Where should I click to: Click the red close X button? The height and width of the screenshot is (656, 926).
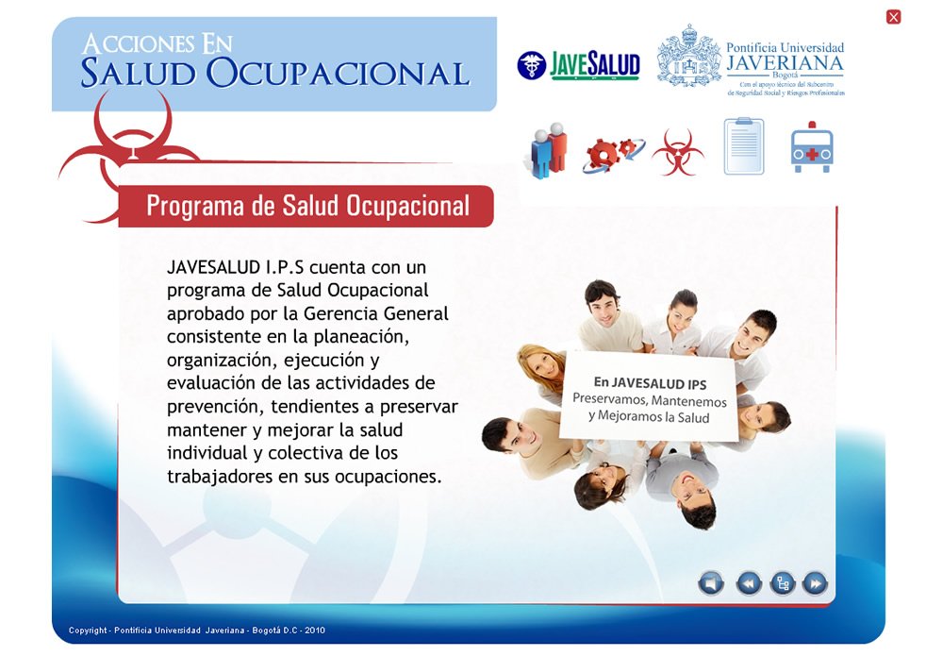pyautogui.click(x=894, y=16)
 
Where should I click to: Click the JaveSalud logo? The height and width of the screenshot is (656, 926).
pyautogui.click(x=578, y=65)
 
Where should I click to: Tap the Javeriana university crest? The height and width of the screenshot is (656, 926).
pyautogui.click(x=688, y=58)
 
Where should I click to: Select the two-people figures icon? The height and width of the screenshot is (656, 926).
pyautogui.click(x=547, y=148)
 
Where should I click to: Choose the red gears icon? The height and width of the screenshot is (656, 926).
pyautogui.click(x=612, y=151)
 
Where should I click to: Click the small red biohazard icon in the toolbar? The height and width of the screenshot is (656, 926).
pyautogui.click(x=677, y=152)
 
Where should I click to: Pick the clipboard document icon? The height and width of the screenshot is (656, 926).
pyautogui.click(x=743, y=146)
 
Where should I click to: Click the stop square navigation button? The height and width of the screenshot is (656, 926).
pyautogui.click(x=712, y=583)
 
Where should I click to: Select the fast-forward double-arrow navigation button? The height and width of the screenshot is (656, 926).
pyautogui.click(x=815, y=583)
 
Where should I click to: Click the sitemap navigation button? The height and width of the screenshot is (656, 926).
pyautogui.click(x=783, y=583)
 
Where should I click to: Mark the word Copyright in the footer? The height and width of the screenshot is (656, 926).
pyautogui.click(x=87, y=630)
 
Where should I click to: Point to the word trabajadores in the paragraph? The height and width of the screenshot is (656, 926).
pyautogui.click(x=220, y=476)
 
